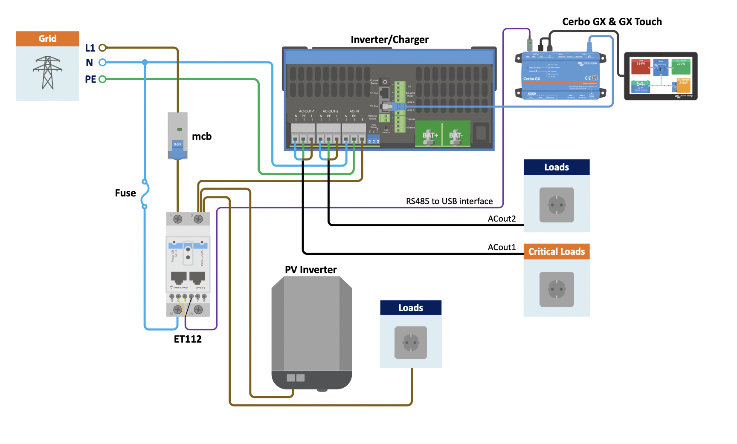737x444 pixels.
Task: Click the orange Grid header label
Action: coord(47,38)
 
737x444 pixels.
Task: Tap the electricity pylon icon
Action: coord(48,72)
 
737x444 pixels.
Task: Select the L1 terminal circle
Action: coord(102,48)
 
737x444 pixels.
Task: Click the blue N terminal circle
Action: coord(102,63)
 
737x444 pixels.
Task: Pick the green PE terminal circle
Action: coord(102,79)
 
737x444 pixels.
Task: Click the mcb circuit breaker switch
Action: coord(177,144)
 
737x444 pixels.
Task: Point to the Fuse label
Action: coord(125,193)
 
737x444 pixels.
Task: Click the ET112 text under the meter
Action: coord(188,339)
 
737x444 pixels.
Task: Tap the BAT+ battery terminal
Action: coord(430,136)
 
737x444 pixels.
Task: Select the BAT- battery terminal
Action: coord(456,136)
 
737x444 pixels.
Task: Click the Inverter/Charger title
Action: coord(389,40)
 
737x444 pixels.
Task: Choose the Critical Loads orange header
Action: coord(557,251)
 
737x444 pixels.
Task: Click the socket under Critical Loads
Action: coord(557,289)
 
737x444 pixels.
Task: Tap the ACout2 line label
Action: coord(502,219)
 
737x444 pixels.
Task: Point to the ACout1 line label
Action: coord(502,247)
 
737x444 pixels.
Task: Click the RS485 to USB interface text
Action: coord(449,201)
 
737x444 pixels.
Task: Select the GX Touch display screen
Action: coord(661,76)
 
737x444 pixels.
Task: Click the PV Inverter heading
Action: coord(310,270)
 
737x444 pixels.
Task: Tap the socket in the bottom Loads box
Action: coord(411,342)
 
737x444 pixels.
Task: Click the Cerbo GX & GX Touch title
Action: coord(612,22)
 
